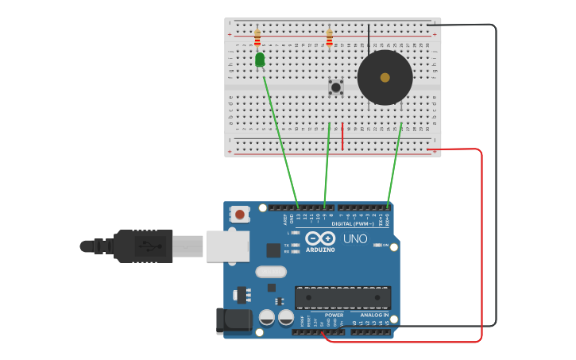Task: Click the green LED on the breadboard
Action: tap(260, 60)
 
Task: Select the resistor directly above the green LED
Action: tap(257, 37)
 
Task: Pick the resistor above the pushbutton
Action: tap(330, 37)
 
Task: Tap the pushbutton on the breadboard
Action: tap(336, 87)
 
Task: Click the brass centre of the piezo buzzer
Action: tap(385, 78)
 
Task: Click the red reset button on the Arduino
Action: tap(239, 213)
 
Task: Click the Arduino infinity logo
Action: tap(320, 238)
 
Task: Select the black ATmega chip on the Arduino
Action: tap(342, 297)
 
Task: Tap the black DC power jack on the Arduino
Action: tap(233, 320)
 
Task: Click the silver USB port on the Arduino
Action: tap(228, 246)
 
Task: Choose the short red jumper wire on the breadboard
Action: tap(342, 137)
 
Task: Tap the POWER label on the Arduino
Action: tap(334, 315)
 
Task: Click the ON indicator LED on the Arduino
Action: tap(378, 245)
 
